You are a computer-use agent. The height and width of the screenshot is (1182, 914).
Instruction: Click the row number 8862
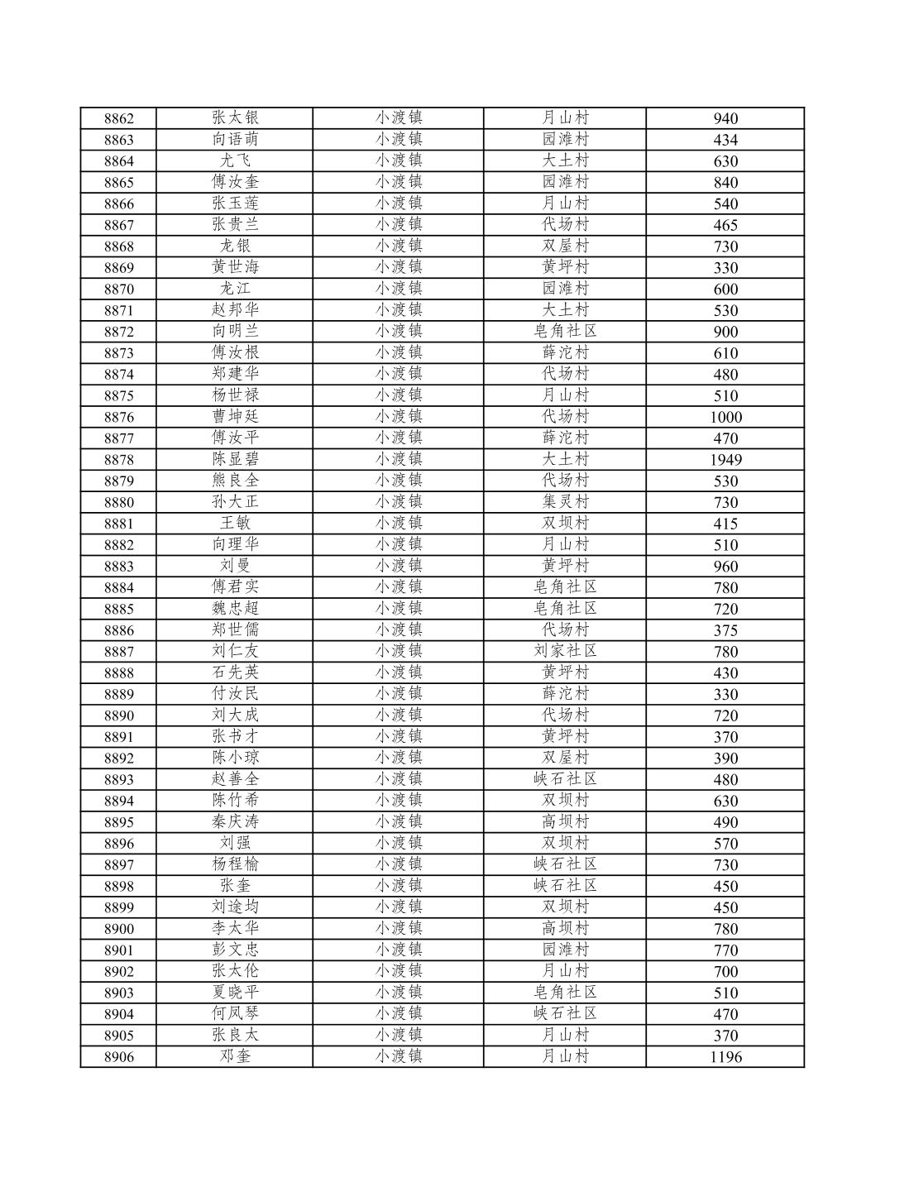tap(118, 118)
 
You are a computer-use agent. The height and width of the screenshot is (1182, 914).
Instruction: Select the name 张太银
tap(235, 118)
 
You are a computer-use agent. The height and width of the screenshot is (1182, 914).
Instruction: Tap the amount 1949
tap(725, 460)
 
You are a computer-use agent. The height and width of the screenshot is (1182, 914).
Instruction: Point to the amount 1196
tap(725, 1057)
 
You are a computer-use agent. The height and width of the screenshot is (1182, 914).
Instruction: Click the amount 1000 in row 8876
tap(725, 417)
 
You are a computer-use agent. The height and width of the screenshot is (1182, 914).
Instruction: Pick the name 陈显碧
tap(235, 459)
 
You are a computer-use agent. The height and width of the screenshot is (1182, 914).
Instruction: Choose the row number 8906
tap(118, 1057)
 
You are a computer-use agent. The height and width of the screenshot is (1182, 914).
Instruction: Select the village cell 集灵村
tap(565, 502)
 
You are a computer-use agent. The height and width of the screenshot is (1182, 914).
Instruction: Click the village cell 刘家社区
tap(565, 651)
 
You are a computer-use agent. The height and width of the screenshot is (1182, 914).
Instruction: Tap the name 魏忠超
tap(235, 609)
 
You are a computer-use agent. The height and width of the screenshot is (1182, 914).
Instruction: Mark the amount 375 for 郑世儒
tap(725, 630)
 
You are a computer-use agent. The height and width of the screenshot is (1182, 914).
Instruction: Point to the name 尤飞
tap(235, 160)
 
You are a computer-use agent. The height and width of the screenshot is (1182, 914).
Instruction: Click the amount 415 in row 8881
tap(725, 524)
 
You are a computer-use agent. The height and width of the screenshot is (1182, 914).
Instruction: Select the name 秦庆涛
tap(235, 821)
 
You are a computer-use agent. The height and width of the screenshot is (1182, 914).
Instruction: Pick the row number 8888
tap(118, 673)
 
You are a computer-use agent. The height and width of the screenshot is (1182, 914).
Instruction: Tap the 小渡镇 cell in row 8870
tap(399, 289)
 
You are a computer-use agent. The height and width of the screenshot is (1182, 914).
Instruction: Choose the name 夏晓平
tap(235, 993)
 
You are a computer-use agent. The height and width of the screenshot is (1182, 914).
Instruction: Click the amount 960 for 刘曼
tap(725, 567)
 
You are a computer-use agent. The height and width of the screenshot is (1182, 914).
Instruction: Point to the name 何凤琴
tap(235, 1014)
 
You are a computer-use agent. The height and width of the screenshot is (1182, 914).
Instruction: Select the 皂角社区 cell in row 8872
tap(565, 332)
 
